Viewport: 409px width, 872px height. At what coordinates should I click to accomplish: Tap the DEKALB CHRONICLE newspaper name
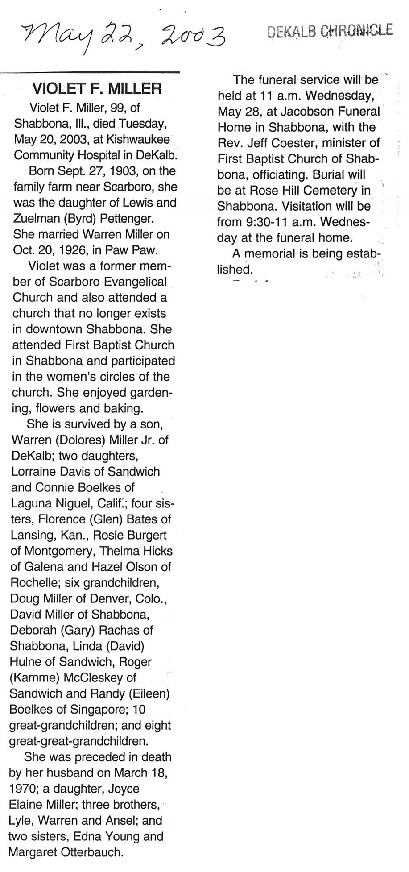click(x=330, y=31)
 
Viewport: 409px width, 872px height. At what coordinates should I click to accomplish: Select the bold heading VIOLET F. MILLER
click(x=96, y=88)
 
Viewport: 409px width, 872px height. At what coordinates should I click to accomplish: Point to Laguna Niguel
click(x=58, y=503)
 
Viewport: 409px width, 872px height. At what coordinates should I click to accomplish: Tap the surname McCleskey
click(x=99, y=677)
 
